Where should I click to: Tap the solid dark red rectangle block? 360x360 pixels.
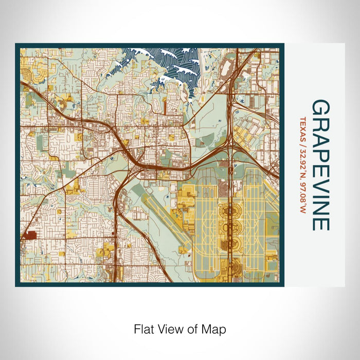coord(29,235)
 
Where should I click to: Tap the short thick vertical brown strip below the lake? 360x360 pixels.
coord(164,105)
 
